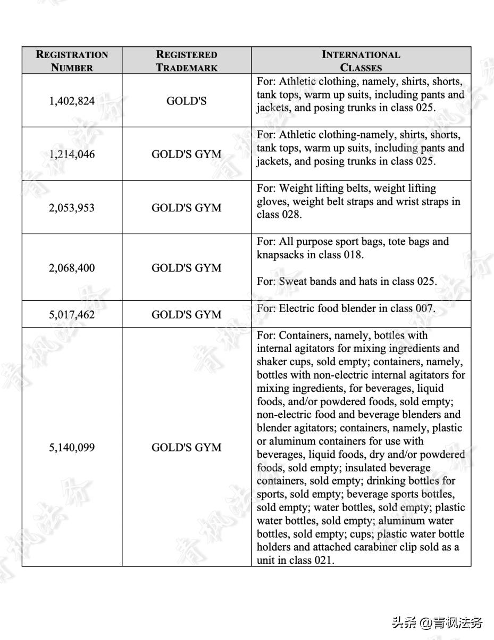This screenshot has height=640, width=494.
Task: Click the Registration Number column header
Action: pyautogui.click(x=72, y=61)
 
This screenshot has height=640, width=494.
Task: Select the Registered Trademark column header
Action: pyautogui.click(x=186, y=61)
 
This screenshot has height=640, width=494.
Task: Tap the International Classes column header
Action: pyautogui.click(x=361, y=61)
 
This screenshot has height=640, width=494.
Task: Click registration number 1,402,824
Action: pyautogui.click(x=72, y=101)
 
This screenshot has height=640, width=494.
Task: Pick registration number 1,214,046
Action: pyautogui.click(x=72, y=154)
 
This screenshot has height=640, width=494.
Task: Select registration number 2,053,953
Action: pyautogui.click(x=72, y=208)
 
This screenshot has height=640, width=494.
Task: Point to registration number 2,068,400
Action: pyautogui.click(x=72, y=268)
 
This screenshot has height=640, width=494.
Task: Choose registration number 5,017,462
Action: pyautogui.click(x=72, y=315)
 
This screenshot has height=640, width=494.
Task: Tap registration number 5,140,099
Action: pyautogui.click(x=72, y=447)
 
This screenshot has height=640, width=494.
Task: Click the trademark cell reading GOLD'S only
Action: pyautogui.click(x=186, y=101)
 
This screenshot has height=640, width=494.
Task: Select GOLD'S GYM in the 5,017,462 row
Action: pyautogui.click(x=186, y=315)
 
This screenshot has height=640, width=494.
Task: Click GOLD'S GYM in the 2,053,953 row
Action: pyautogui.click(x=186, y=208)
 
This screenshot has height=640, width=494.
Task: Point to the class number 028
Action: pyautogui.click(x=291, y=215)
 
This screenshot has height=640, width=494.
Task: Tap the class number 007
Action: pyautogui.click(x=424, y=308)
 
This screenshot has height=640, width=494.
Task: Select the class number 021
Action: pyautogui.click(x=324, y=560)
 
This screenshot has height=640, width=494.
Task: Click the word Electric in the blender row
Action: pyautogui.click(x=298, y=308)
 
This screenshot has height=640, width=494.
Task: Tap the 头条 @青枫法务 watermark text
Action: pyautogui.click(x=437, y=622)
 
